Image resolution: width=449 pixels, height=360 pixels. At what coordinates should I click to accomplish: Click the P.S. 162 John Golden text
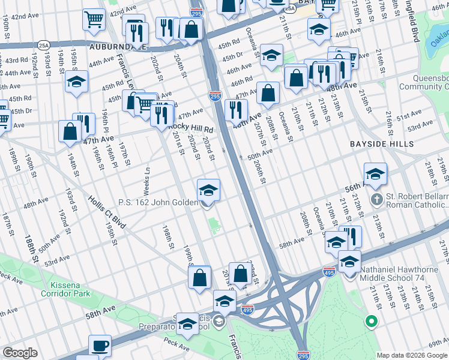158,202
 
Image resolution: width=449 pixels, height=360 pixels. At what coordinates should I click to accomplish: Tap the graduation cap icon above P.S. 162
208,190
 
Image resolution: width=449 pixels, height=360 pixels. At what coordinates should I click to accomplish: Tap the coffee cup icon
100,346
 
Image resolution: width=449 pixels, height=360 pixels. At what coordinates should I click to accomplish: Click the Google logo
20,353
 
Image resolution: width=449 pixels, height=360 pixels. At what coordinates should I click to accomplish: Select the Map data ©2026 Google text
411,355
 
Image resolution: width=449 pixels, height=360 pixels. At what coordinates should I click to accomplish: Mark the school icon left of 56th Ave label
375,174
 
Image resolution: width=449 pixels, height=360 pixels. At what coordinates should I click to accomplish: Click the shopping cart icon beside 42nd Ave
94,20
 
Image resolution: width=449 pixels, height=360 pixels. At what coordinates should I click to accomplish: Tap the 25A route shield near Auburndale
43,45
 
